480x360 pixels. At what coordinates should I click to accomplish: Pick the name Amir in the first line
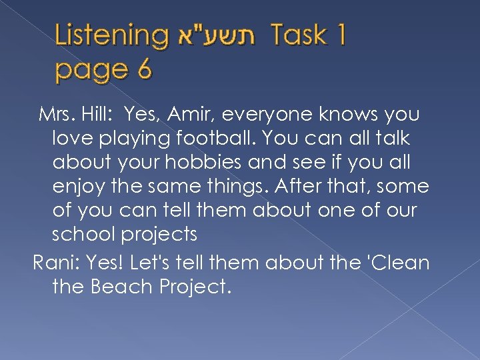click(x=195, y=115)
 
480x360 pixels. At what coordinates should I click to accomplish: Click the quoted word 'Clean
click(x=396, y=263)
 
